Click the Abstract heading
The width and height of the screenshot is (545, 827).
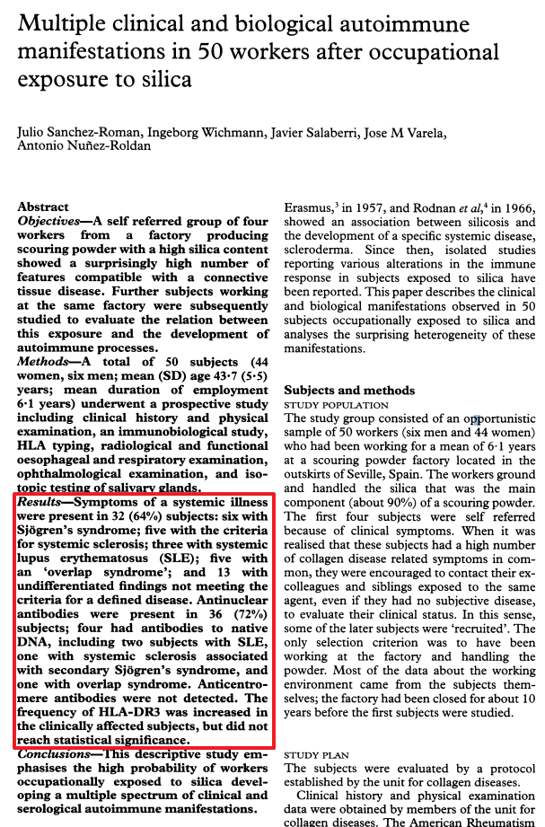tap(42, 207)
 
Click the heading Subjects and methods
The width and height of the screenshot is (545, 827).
tap(349, 391)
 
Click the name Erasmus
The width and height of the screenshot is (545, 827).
tap(311, 207)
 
